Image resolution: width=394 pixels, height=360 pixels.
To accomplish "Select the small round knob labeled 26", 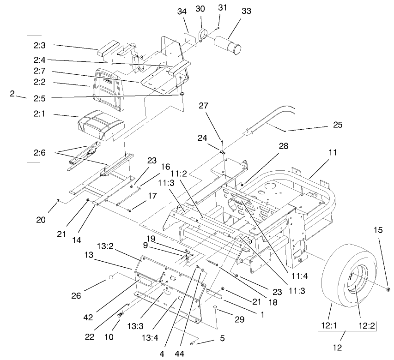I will point(112,277).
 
